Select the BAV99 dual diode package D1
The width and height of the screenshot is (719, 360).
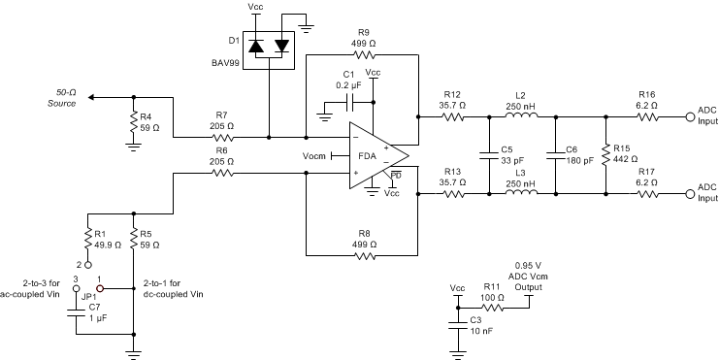(x=269, y=47)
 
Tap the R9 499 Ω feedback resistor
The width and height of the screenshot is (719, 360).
(x=363, y=55)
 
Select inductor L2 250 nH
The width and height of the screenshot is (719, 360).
(x=520, y=117)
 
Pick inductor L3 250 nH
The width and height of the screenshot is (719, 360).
(x=520, y=193)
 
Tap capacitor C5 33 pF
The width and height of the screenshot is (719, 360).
(x=489, y=155)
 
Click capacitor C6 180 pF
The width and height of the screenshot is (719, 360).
(x=555, y=155)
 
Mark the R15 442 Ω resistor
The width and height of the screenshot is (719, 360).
(x=605, y=155)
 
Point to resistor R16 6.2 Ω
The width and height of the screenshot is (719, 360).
(x=647, y=117)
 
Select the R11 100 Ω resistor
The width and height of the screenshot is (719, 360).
(x=493, y=308)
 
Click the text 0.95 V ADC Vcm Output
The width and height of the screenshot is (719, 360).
(x=528, y=277)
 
